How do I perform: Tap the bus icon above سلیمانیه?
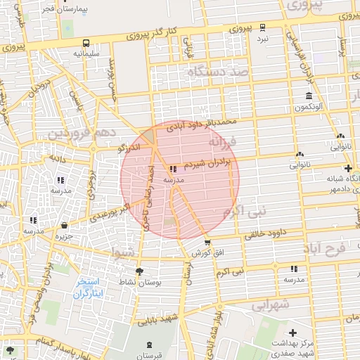tap(86, 42)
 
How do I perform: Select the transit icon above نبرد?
tap(262, 27)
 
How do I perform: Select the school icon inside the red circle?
tap(173, 169)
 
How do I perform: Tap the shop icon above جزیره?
tap(65, 226)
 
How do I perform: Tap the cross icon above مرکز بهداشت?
tap(292, 330)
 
